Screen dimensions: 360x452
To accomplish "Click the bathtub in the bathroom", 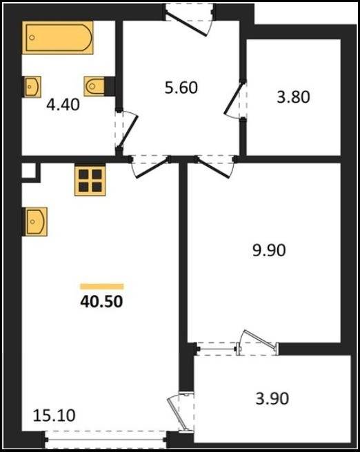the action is point(58,37).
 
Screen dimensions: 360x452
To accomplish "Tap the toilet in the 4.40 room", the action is point(94,86).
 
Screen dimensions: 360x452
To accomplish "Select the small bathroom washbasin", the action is point(32,87).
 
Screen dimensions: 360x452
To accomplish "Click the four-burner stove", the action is point(90,181).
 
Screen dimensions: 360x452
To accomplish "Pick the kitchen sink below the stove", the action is point(35,221).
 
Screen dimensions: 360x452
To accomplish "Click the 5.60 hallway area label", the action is point(181,88).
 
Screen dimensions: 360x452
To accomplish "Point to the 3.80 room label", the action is point(293,97).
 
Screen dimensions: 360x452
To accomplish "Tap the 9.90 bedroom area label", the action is point(269,250).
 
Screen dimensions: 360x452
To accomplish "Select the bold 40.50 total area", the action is point(101,302).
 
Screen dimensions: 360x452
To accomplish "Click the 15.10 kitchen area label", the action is point(54,415).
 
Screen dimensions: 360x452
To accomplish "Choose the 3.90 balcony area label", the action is point(272,399).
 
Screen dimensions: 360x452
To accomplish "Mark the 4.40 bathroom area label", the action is point(63,105).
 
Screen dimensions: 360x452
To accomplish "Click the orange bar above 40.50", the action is point(102,286).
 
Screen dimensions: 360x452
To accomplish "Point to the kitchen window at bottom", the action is point(106,440).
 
